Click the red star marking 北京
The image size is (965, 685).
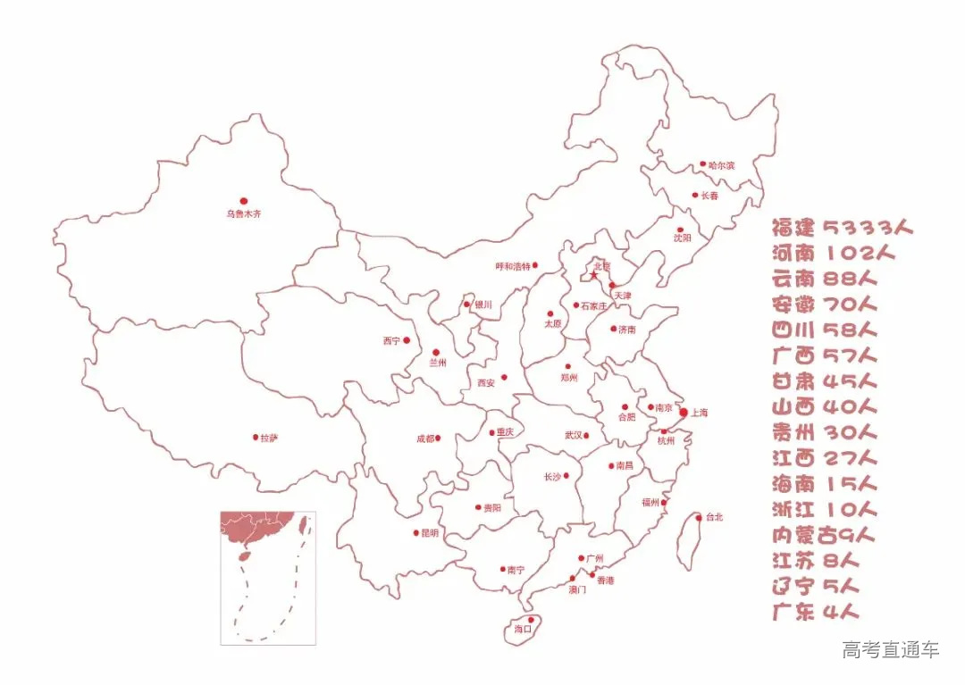pos(593,275)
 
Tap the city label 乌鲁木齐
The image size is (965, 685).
pos(243,214)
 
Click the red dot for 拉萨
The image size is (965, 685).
pos(255,438)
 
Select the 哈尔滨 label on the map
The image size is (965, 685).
pos(721,165)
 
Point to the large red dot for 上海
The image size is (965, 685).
pos(684,413)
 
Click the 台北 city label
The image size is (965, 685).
pos(713,517)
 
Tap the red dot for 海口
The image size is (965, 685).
pos(531,619)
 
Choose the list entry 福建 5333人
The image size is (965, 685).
pos(843,227)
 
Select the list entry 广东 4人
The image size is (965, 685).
pos(815,613)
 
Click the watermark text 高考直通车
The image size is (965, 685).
pos(890,650)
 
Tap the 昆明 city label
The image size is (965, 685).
pos(430,533)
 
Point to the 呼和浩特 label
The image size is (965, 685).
pos(513,266)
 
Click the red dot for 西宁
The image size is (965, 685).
pos(407,340)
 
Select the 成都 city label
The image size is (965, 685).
pos(424,439)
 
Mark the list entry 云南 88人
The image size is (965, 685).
pos(820,279)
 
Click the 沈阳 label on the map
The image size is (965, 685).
pos(683,238)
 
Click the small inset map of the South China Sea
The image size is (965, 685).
pos(268,577)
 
